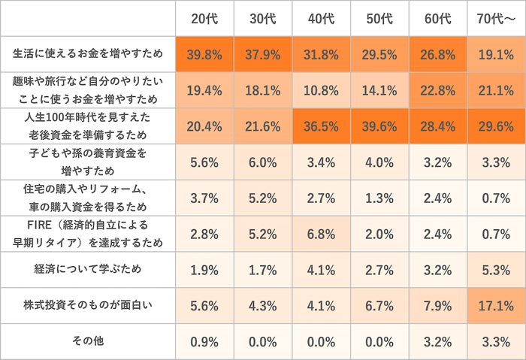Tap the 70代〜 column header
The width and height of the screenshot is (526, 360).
(x=495, y=19)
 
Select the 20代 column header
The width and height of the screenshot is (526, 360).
(x=204, y=19)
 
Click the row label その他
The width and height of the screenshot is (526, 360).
(x=88, y=341)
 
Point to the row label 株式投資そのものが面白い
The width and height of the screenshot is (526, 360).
(x=88, y=305)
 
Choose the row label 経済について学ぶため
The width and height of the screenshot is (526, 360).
(x=88, y=269)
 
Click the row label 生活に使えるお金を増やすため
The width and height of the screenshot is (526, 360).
(x=88, y=54)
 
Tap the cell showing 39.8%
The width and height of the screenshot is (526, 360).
(x=204, y=54)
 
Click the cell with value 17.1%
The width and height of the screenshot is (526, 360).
(x=495, y=305)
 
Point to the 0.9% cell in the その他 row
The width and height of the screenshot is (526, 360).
(x=204, y=341)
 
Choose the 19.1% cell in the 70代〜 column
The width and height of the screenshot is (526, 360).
(x=495, y=54)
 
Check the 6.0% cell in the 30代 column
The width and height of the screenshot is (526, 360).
(x=263, y=162)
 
